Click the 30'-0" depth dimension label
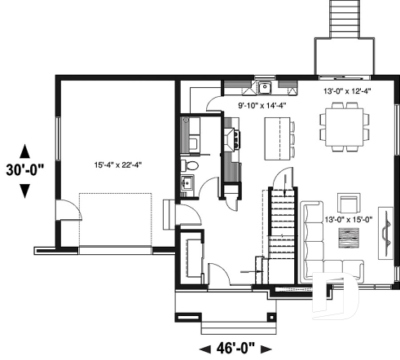(x=24, y=171)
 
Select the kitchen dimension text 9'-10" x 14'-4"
(x=260, y=106)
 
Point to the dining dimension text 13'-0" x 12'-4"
(x=346, y=92)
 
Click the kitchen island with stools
(x=277, y=138)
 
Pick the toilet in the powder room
(x=188, y=168)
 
